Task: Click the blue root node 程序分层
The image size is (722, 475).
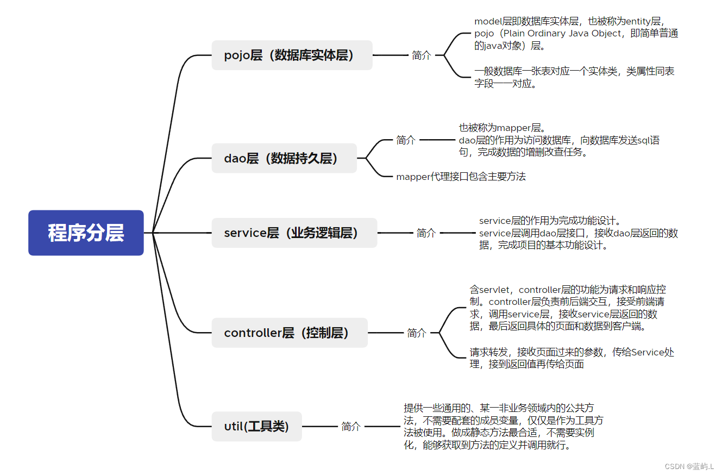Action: (x=86, y=233)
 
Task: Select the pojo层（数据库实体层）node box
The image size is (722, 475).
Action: (x=292, y=55)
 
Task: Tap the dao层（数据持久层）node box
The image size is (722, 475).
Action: (x=284, y=158)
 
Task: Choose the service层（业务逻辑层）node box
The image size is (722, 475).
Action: (x=294, y=233)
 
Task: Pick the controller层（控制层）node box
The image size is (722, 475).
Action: (x=289, y=333)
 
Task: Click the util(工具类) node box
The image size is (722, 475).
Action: (x=256, y=427)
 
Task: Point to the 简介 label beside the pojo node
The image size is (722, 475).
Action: (x=422, y=55)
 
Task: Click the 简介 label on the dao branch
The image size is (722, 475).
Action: (x=406, y=140)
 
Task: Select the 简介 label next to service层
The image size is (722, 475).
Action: (x=426, y=233)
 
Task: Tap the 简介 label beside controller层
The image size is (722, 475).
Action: (x=417, y=333)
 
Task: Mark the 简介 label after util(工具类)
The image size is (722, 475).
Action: (x=351, y=427)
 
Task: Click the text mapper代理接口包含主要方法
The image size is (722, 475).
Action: (x=461, y=176)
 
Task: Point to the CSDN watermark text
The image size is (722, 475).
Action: (x=689, y=466)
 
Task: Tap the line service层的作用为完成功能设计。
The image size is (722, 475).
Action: (x=550, y=221)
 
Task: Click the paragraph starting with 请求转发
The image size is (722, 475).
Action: (x=572, y=358)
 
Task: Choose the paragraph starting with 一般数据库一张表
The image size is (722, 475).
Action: (x=574, y=77)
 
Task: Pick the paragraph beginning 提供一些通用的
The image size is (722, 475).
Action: (x=503, y=427)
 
